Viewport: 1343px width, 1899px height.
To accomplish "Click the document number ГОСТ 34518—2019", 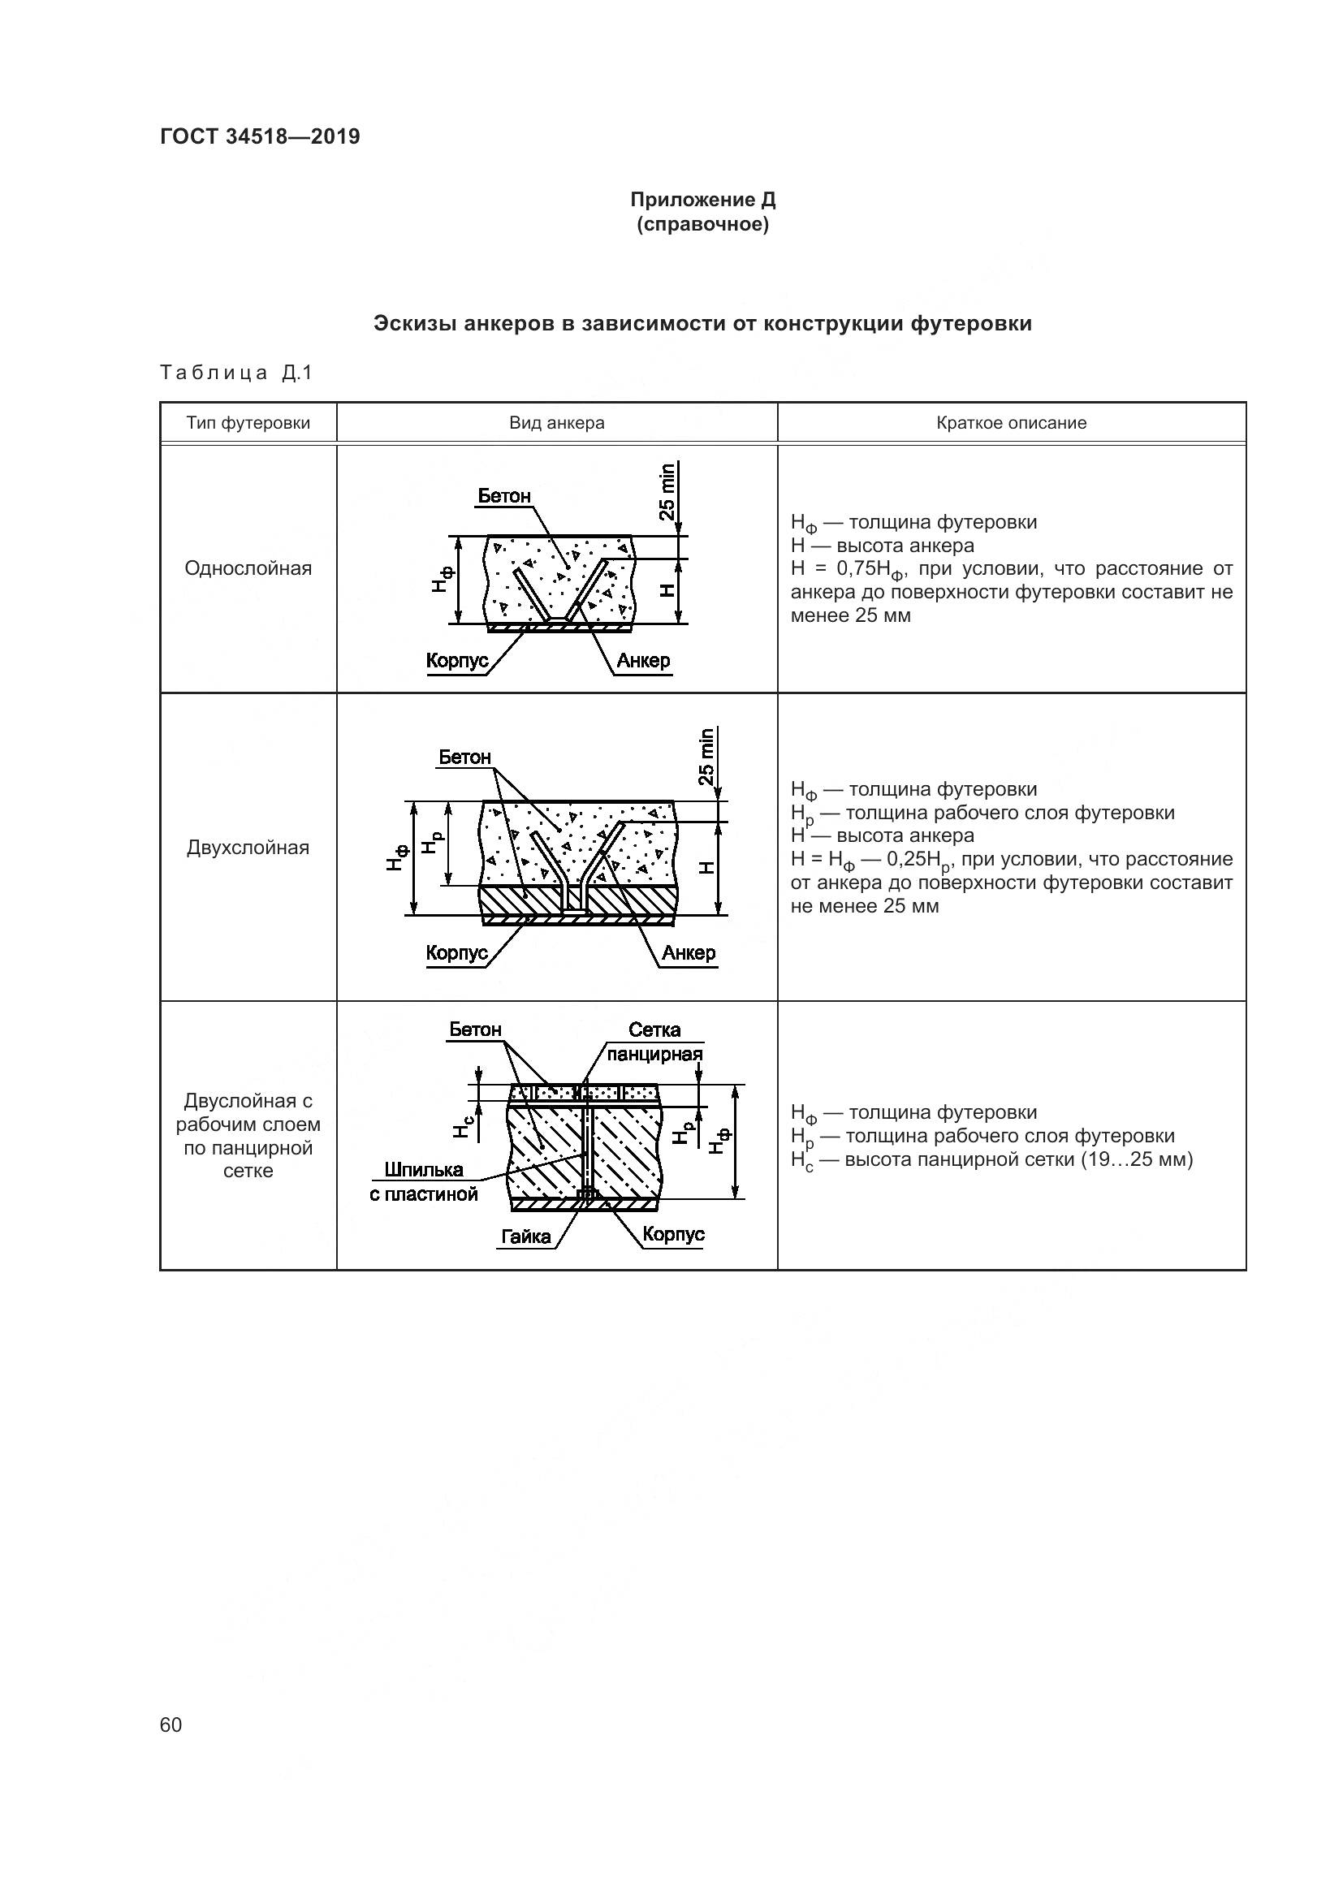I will point(260,136).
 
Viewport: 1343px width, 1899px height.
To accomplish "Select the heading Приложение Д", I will point(703,200).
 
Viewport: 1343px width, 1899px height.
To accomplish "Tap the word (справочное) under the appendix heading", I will point(703,224).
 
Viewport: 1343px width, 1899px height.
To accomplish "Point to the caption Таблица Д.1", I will point(236,373).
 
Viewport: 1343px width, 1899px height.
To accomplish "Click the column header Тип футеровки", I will point(248,423).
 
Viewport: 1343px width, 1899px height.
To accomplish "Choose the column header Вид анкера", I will point(556,423).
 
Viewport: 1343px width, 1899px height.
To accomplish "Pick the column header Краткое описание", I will point(1012,423).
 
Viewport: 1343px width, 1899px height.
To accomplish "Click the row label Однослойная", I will point(248,568).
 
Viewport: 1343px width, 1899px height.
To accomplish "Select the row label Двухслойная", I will point(248,847).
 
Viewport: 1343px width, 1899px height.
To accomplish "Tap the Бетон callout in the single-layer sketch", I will point(503,496).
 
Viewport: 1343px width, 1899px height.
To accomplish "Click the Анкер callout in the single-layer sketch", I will point(642,661).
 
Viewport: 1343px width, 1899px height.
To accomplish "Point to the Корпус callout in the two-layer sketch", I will point(456,953).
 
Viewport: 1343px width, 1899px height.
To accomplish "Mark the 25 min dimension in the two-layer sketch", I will point(707,756).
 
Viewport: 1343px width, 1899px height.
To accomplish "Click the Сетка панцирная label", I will point(654,1042).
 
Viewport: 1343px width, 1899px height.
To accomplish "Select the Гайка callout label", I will point(526,1237).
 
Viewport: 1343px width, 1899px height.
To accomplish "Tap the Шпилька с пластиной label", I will point(423,1182).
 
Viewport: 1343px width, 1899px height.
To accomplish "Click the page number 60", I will point(171,1724).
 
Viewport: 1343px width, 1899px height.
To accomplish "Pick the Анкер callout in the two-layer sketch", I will point(688,953).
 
